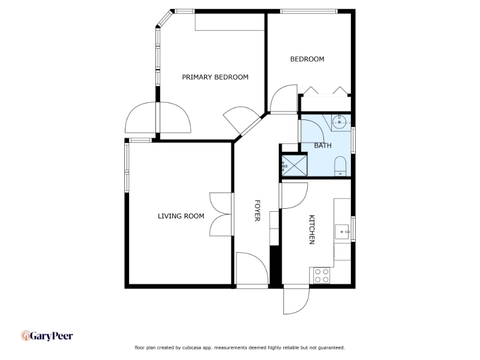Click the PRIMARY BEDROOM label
click(215, 77)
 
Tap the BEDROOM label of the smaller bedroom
click(307, 59)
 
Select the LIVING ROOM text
click(181, 216)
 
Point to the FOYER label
click(257, 211)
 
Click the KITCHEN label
click(311, 230)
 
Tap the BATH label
click(323, 145)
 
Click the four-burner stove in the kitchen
click(322, 275)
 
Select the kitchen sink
click(342, 232)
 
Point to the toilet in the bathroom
click(340, 166)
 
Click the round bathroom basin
click(340, 122)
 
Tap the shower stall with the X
click(294, 166)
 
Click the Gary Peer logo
click(47, 336)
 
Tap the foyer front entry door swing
click(251, 268)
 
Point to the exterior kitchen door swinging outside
click(296, 301)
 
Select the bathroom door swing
click(312, 131)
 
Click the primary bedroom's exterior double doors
click(158, 118)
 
